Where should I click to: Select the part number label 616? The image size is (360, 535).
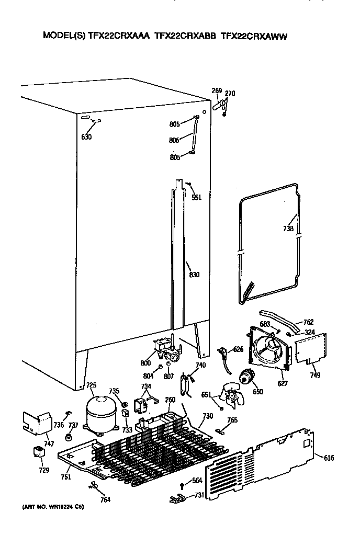point(328,458)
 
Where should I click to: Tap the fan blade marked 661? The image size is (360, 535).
point(231,396)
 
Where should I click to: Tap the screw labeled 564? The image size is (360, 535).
point(183,485)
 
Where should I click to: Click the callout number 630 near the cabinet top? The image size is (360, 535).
point(86,137)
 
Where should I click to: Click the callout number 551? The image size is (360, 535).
point(196,197)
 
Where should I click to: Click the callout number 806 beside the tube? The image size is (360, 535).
point(175,140)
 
